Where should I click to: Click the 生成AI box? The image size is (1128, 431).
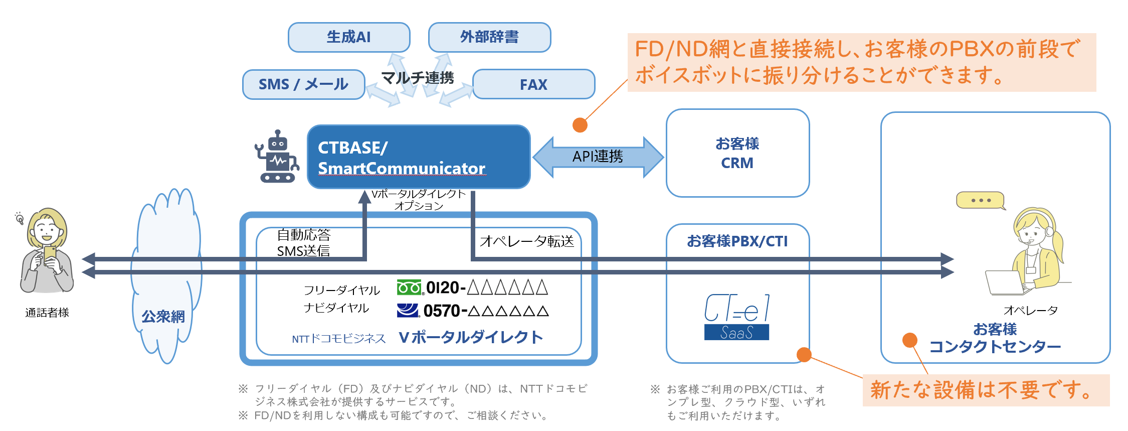[x=349, y=37]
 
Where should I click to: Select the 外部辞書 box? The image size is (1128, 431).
[x=489, y=37]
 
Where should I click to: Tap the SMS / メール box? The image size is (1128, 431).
[x=303, y=84]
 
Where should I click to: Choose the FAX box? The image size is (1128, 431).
[x=533, y=84]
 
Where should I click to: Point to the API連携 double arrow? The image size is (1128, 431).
[x=598, y=157]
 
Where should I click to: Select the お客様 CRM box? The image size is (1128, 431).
[x=737, y=153]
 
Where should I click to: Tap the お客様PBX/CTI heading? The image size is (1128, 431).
[x=737, y=241]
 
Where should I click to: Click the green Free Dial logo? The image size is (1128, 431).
[x=409, y=288]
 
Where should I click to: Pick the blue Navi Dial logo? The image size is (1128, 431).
[x=408, y=311]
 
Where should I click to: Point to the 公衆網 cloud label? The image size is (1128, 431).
[x=163, y=317]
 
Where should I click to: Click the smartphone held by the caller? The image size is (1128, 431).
[x=50, y=253]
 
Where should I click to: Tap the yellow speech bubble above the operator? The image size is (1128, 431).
[x=981, y=200]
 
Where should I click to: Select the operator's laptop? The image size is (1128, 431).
[x=1004, y=283]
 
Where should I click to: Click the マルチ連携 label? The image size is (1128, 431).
[x=418, y=78]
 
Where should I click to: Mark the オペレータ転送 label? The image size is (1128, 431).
[x=526, y=241]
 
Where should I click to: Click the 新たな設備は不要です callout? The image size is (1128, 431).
[x=986, y=390]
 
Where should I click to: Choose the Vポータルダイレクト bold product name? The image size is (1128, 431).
[x=471, y=337]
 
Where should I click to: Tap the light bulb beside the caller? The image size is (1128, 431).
[x=20, y=218]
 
